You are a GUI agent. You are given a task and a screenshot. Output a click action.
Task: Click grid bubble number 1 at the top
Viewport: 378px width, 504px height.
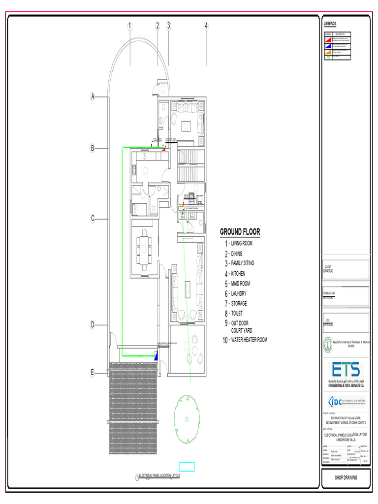(x=130, y=26)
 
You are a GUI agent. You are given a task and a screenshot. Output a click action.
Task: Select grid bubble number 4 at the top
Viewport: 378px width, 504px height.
(x=206, y=26)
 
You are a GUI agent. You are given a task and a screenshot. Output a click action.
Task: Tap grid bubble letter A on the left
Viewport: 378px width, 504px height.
(x=92, y=97)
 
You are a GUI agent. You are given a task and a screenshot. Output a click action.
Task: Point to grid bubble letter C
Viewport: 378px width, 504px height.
(x=92, y=219)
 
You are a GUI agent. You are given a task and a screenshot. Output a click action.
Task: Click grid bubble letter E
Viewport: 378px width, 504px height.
(x=92, y=374)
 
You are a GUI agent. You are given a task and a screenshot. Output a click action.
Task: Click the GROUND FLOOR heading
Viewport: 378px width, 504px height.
(x=240, y=232)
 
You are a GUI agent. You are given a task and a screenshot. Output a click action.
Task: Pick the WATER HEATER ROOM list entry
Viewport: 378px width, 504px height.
(x=249, y=340)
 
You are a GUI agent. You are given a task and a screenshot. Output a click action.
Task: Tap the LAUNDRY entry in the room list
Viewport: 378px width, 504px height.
(x=239, y=293)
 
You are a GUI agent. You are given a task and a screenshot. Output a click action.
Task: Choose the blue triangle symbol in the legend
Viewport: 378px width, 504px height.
(x=328, y=44)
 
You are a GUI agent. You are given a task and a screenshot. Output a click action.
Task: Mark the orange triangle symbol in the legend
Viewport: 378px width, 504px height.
(x=328, y=51)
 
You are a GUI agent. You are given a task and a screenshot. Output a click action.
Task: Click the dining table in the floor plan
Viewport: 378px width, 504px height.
(x=145, y=248)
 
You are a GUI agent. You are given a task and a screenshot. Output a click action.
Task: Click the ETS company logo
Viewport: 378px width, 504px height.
(x=345, y=374)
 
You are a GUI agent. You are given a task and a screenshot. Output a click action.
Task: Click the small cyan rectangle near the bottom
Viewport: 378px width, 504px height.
(x=187, y=467)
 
